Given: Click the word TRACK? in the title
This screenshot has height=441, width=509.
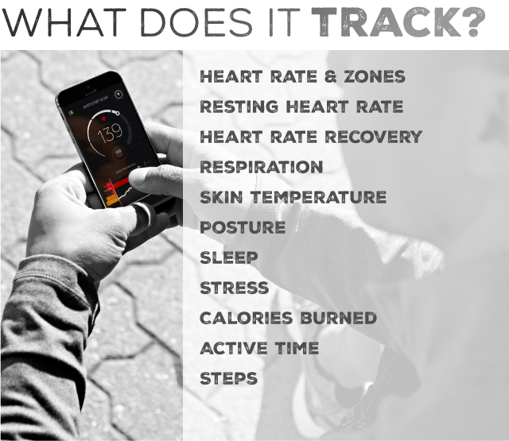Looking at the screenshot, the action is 398,22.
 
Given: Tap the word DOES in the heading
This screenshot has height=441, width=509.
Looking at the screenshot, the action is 196,22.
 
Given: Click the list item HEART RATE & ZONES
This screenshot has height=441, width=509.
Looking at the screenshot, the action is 302,77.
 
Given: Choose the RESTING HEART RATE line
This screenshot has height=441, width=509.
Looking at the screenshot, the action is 301,107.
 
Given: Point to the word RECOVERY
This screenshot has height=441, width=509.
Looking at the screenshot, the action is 373,137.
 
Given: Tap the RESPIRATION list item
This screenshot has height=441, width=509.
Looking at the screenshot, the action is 262,168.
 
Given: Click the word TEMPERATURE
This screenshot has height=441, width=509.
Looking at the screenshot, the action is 318,198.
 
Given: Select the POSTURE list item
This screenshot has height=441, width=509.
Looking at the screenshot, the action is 243,227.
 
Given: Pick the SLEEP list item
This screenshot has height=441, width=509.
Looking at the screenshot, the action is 229,257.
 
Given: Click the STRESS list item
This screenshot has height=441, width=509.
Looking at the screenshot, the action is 235,288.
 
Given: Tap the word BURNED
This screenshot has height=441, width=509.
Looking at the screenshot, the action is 338,318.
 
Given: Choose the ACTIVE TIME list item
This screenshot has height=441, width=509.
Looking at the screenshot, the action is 259,348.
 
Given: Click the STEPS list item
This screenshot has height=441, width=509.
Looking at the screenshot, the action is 228,378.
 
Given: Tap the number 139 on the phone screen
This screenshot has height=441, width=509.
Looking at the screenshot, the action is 110,133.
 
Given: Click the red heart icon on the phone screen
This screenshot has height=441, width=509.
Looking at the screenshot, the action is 103,118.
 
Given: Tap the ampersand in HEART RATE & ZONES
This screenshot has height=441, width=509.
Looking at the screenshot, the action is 330,77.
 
